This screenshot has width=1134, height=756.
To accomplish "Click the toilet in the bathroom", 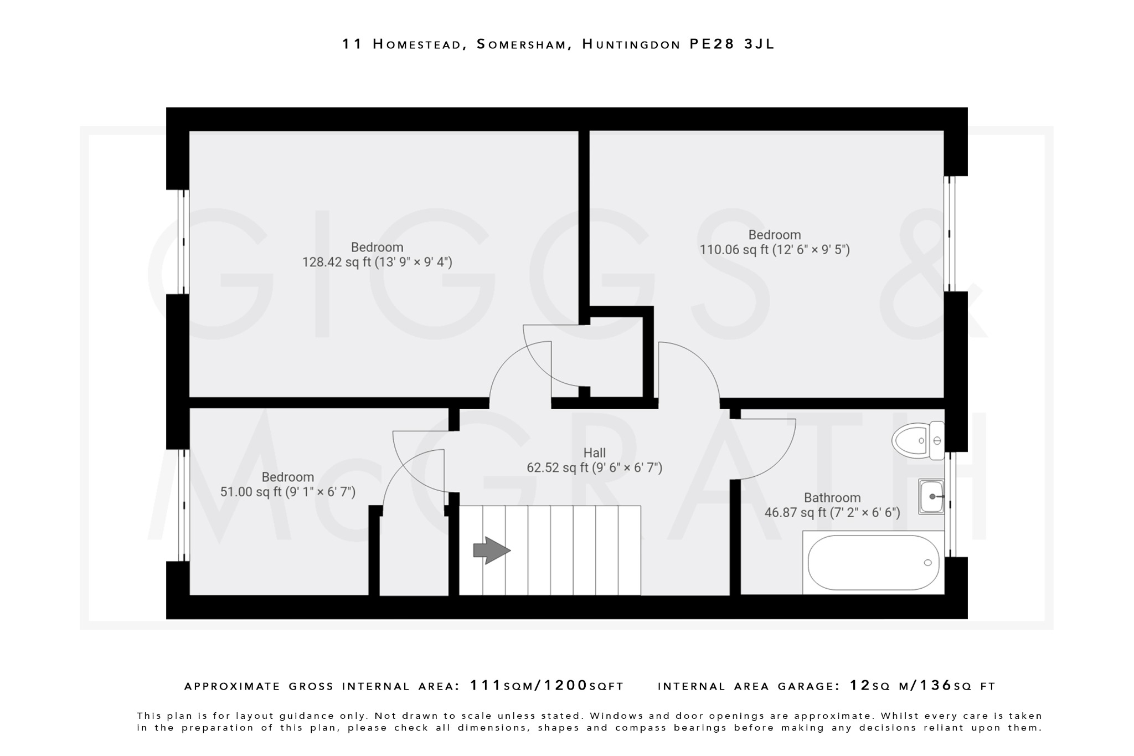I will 916,441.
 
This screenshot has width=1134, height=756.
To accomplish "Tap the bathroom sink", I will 931,497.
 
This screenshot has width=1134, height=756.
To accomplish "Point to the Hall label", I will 595,453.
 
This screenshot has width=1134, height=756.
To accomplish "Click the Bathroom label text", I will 832,497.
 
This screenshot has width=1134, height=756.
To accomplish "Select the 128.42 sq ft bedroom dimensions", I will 377,262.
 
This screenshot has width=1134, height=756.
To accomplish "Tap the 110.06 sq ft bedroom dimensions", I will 775,250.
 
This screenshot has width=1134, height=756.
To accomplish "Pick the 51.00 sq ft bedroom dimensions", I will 288,492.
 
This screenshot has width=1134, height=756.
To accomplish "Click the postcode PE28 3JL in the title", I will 732,44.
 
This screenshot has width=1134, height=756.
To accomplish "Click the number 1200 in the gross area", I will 566,686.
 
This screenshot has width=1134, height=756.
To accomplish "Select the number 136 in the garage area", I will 936,686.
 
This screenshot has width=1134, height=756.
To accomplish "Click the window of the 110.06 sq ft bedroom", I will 949,234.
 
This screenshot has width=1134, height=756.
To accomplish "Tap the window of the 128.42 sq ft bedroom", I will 183,241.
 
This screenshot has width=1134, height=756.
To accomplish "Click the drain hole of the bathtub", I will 928,563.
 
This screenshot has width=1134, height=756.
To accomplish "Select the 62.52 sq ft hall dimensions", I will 595,468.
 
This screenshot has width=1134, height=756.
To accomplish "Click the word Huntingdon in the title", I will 631,44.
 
